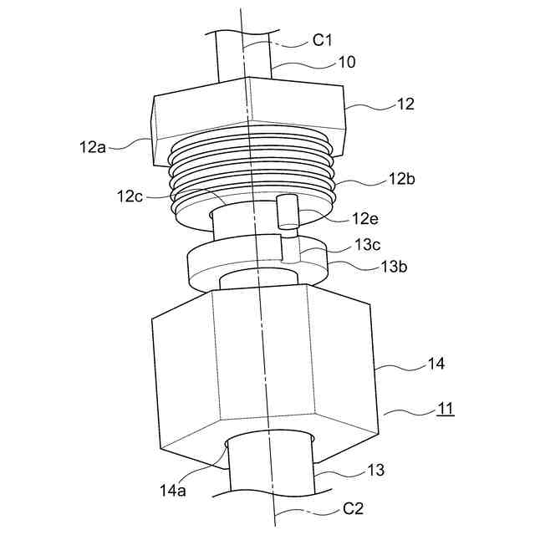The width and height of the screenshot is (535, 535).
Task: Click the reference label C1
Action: point(322,41)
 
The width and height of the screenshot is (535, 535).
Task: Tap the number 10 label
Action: point(346,62)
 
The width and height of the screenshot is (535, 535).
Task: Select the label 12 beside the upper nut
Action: point(405,104)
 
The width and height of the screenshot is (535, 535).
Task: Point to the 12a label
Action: point(93,147)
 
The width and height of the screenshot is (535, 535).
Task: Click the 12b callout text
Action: point(402,178)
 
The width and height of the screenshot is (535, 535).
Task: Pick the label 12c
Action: point(130,196)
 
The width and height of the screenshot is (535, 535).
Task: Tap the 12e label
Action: point(365,218)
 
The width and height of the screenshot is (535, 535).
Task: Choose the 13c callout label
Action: point(367,244)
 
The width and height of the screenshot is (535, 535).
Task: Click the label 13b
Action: point(394,267)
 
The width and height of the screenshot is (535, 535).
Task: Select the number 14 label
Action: point(436,364)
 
